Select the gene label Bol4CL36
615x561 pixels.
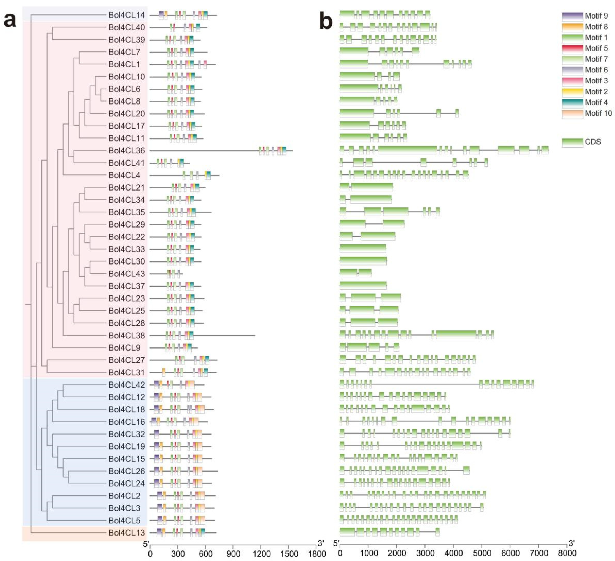click(x=127, y=151)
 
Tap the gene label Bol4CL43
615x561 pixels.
click(x=127, y=274)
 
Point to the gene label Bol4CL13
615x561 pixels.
click(x=127, y=533)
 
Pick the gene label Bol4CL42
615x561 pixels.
click(x=127, y=385)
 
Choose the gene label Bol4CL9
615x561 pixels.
click(x=124, y=348)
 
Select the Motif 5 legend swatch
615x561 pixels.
click(x=572, y=49)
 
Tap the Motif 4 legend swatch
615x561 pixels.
click(x=572, y=103)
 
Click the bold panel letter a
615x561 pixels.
click(x=10, y=21)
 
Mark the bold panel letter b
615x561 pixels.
click(x=326, y=21)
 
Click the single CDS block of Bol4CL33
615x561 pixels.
click(x=363, y=249)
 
